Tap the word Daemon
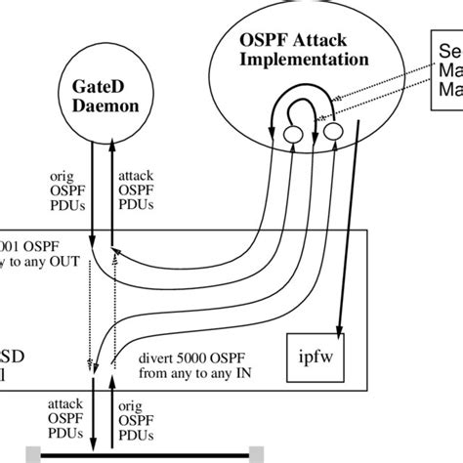click(x=101, y=105)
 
